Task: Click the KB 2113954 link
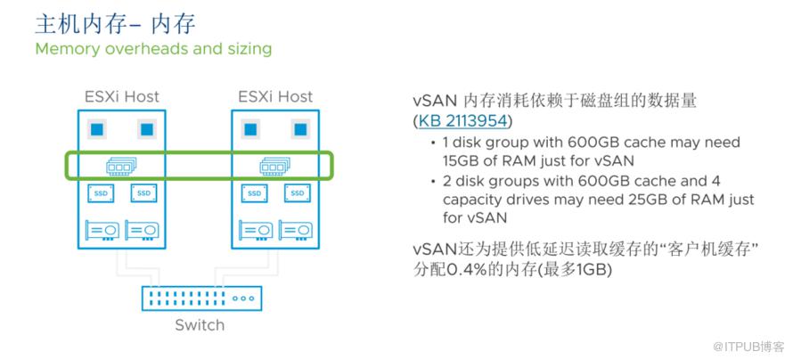pyautogui.click(x=462, y=121)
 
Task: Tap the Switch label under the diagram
pyautogui.click(x=200, y=325)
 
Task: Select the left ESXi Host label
pyautogui.click(x=122, y=96)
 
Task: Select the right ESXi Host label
pyautogui.click(x=275, y=96)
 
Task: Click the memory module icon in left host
pyautogui.click(x=121, y=166)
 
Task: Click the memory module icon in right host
pyautogui.click(x=275, y=166)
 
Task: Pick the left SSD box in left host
pyautogui.click(x=101, y=193)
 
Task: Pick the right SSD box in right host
pyautogui.click(x=298, y=193)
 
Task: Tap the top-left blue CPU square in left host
pyautogui.click(x=96, y=129)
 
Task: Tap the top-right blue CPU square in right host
pyautogui.click(x=300, y=129)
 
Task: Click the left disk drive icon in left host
pyautogui.click(x=102, y=230)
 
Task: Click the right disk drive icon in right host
pyautogui.click(x=296, y=230)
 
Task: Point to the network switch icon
pyautogui.click(x=202, y=299)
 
